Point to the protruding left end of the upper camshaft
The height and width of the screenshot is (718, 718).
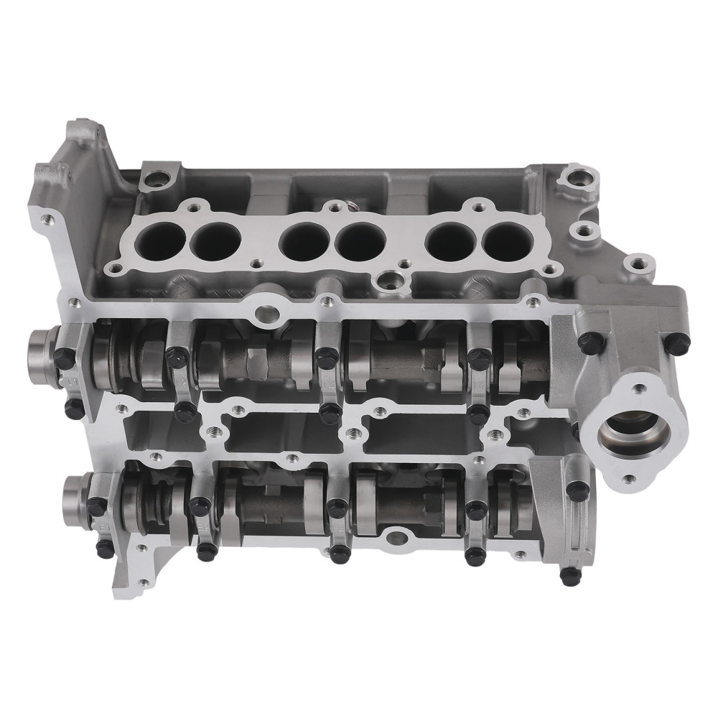point(41,348)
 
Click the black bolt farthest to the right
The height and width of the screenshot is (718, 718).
point(678,344)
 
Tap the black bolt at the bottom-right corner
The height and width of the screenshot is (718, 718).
point(571,575)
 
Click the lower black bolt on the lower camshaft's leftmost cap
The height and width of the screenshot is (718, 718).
point(104,549)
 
